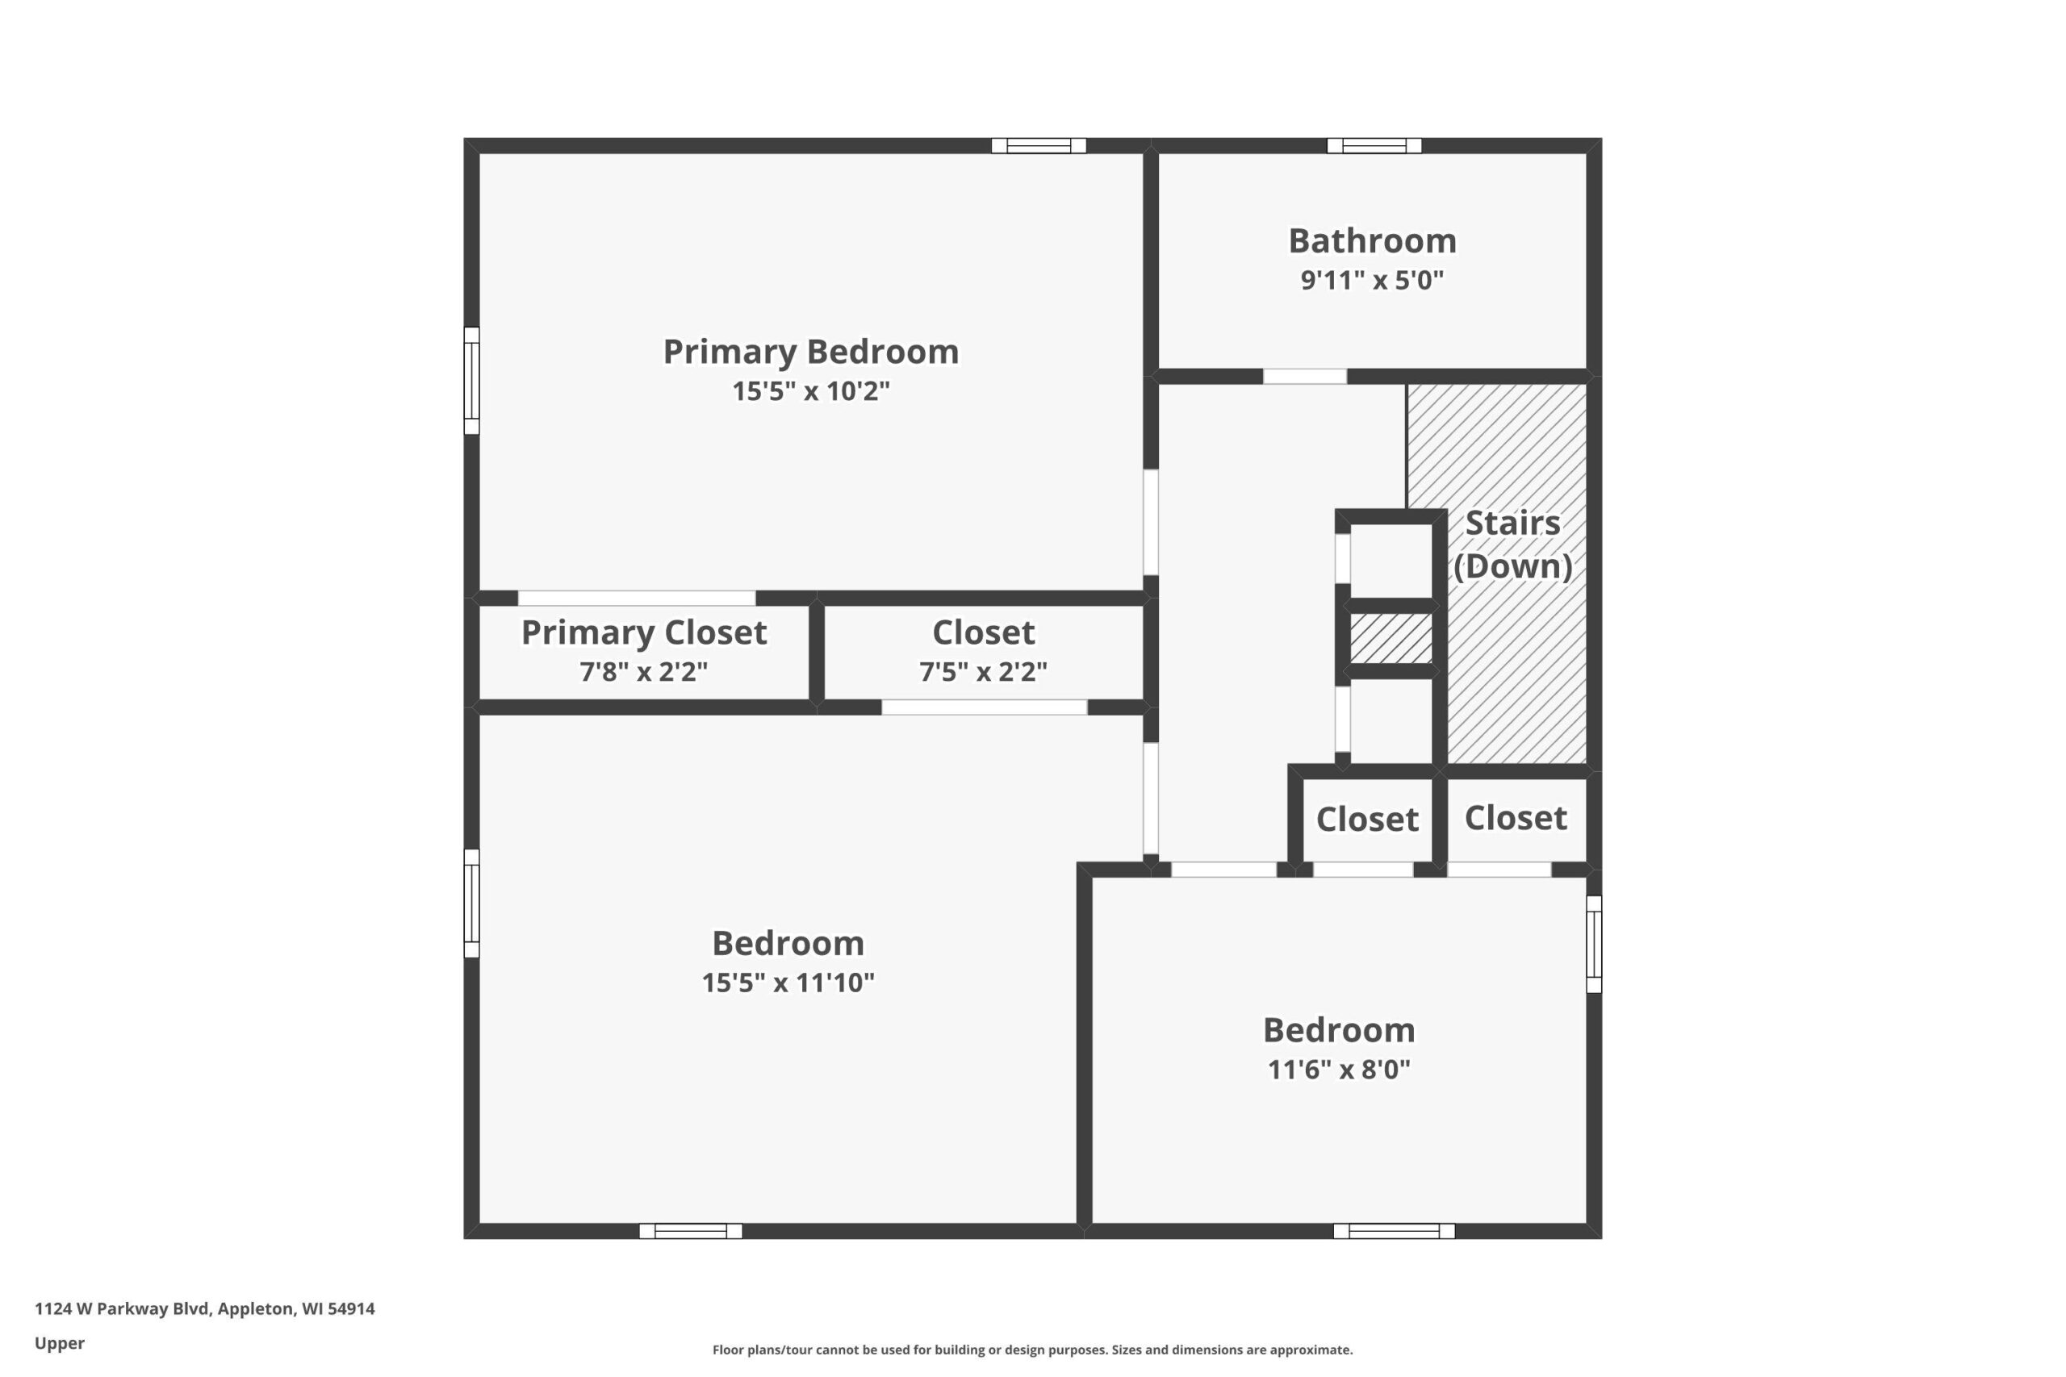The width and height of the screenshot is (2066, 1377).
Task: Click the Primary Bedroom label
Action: pyautogui.click(x=811, y=353)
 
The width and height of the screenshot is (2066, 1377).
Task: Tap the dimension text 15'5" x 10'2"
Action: pyautogui.click(x=811, y=390)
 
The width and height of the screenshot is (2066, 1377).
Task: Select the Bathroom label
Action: pyautogui.click(x=1372, y=240)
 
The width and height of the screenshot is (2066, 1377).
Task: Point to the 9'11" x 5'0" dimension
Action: pyautogui.click(x=1372, y=280)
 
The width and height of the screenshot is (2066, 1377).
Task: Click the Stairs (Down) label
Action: pyautogui.click(x=1512, y=545)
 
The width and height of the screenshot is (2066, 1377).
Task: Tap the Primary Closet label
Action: pyautogui.click(x=644, y=632)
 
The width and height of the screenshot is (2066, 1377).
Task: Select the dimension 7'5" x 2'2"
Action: pyautogui.click(x=983, y=672)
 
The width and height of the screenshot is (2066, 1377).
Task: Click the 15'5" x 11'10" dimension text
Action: pyautogui.click(x=788, y=983)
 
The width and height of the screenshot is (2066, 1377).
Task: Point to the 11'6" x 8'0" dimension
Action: pyautogui.click(x=1339, y=1070)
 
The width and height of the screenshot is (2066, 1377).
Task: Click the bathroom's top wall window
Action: pyautogui.click(x=1374, y=146)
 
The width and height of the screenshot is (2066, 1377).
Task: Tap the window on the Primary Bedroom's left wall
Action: pyautogui.click(x=471, y=380)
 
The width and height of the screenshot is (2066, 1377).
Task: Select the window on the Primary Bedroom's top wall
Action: pyautogui.click(x=1039, y=146)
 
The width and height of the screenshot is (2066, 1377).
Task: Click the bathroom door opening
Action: pyautogui.click(x=1304, y=377)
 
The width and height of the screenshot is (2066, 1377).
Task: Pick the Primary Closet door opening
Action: pyautogui.click(x=636, y=598)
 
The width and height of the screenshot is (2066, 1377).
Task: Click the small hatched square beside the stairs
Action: pyautogui.click(x=1391, y=638)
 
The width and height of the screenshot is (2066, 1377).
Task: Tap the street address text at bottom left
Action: pyautogui.click(x=205, y=1308)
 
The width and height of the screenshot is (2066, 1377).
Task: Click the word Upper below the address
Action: pyautogui.click(x=60, y=1344)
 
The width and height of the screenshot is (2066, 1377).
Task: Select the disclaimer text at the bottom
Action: pyautogui.click(x=1032, y=1350)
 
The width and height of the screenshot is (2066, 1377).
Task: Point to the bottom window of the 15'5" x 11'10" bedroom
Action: pyautogui.click(x=691, y=1231)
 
